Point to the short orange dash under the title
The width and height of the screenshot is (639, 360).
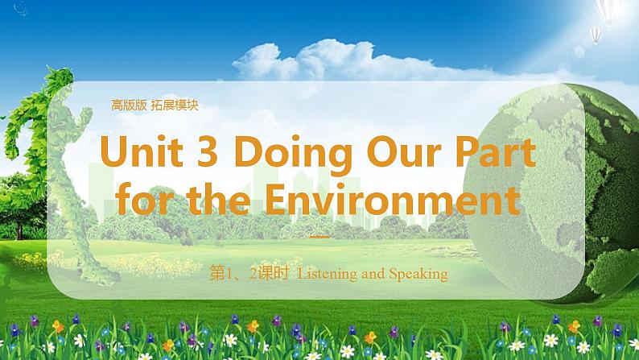[x=319, y=238]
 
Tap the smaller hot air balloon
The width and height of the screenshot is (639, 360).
[x=595, y=34]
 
